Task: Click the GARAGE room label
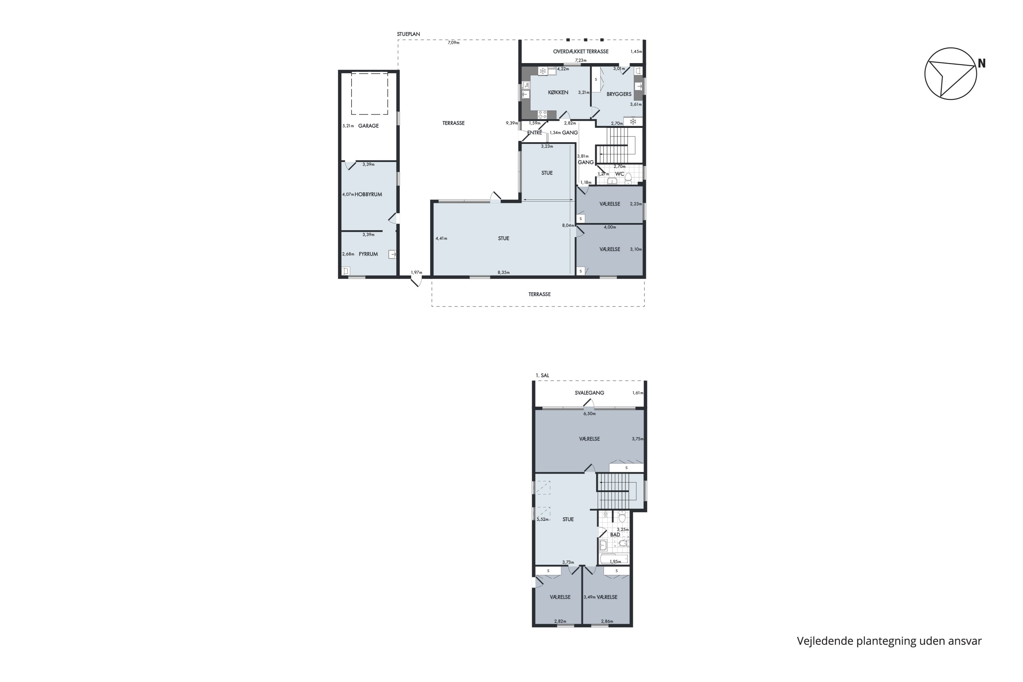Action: [x=368, y=126]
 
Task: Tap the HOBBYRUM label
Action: [x=368, y=194]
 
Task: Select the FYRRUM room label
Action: [x=368, y=254]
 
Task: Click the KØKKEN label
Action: [x=558, y=92]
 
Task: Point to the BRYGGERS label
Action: [x=619, y=94]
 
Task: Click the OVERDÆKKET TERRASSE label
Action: [x=581, y=51]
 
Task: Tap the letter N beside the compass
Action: [x=982, y=63]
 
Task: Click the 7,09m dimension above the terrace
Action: [x=453, y=43]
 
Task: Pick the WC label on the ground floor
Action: [x=619, y=174]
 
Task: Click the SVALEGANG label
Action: [x=589, y=393]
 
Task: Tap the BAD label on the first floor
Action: [x=615, y=535]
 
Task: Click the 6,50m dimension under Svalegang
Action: [x=589, y=414]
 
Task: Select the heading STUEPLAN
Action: [x=409, y=34]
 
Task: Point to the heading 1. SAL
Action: [x=543, y=375]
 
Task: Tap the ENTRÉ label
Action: [x=535, y=133]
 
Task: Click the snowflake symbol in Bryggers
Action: [x=633, y=121]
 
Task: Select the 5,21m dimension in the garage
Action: [x=348, y=126]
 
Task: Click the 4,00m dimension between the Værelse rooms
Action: [x=610, y=227]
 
